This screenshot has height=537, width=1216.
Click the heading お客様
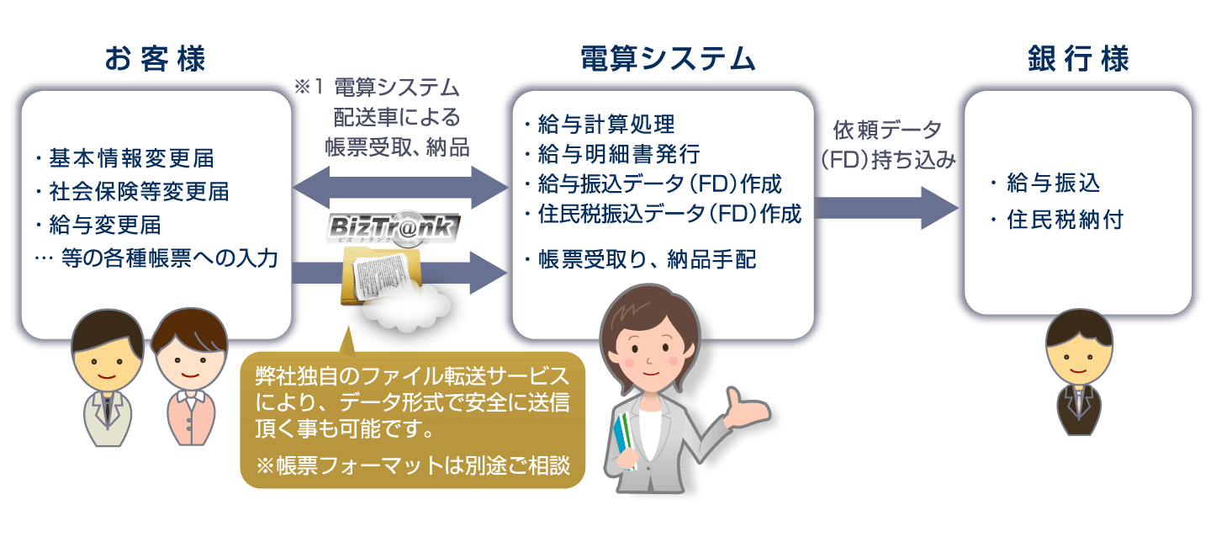[156, 59]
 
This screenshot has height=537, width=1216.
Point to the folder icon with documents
[381, 274]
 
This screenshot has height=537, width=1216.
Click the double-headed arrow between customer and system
[400, 188]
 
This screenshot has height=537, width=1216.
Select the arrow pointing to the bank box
[886, 208]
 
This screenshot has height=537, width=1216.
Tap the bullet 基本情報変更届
[125, 158]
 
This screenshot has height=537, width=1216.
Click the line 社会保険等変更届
[133, 192]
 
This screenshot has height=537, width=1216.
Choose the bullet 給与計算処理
[600, 125]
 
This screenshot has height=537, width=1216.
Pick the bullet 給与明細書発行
[612, 154]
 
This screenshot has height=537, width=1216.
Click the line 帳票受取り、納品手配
[641, 260]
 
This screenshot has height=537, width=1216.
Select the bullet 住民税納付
[1056, 220]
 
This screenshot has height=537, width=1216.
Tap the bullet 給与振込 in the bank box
[1045, 183]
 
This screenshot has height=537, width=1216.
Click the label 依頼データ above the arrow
[887, 130]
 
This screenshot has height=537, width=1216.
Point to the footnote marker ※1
[309, 87]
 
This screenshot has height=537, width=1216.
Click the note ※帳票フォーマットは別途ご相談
[413, 465]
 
